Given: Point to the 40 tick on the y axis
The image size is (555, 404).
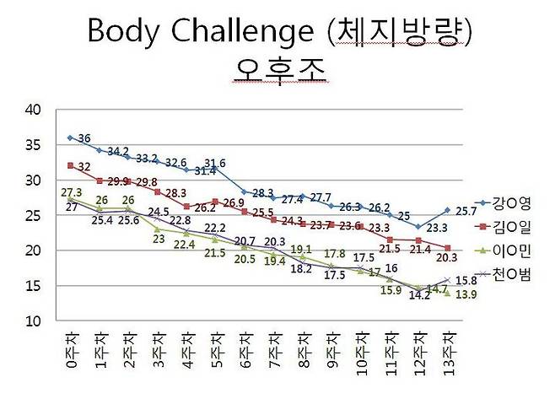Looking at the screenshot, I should point(34,109).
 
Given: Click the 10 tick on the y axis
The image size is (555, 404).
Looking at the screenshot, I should point(34,321).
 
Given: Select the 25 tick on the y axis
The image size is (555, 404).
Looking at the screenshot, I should point(34,215).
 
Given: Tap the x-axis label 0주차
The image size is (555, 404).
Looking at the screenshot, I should point(70,353).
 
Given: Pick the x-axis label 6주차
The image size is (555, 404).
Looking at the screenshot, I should point(245,353).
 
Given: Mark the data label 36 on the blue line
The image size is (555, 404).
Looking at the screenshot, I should point(84,137).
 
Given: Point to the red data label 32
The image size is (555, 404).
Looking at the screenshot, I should point(84,166).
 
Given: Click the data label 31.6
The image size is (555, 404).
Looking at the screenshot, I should point(215,164).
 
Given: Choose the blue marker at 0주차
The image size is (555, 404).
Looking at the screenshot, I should point(70,137).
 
